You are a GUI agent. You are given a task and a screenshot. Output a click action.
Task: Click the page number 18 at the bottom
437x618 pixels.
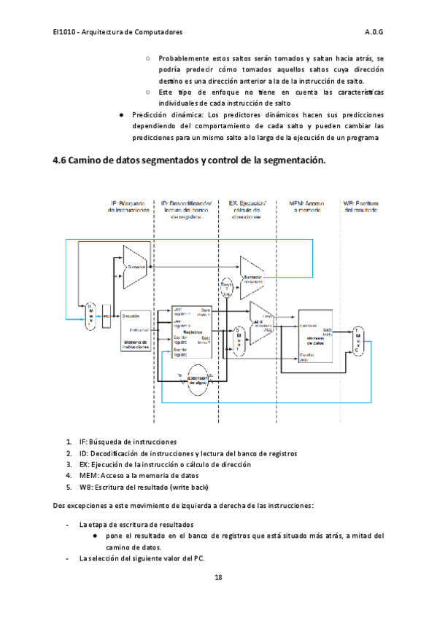tap(218, 578)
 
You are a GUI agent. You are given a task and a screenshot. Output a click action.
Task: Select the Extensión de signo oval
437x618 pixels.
tap(196, 380)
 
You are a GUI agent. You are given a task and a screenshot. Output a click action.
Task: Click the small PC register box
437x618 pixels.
tap(106, 317)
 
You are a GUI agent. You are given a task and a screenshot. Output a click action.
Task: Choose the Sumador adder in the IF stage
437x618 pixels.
tap(136, 267)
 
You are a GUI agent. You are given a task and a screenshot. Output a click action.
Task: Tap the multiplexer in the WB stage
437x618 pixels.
tap(357, 339)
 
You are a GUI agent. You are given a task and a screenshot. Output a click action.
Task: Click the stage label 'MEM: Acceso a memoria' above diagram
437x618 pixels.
tap(307, 206)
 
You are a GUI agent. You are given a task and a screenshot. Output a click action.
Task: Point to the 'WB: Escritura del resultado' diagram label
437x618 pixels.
tap(360, 206)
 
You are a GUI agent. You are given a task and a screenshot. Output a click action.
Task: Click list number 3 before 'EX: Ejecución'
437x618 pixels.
tap(68, 464)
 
